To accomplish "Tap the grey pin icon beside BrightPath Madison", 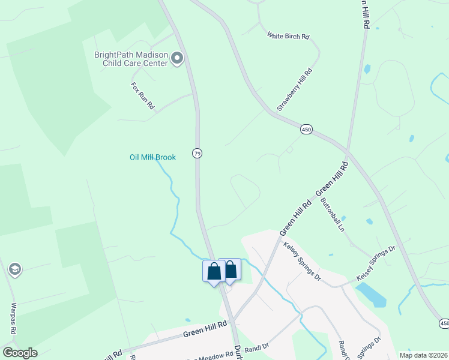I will (176, 58).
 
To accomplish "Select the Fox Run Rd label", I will (143, 95).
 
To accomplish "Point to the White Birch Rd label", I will (288, 37).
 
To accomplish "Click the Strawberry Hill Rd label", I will (295, 89).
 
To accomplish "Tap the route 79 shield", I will (197, 154).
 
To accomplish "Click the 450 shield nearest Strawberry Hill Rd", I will (307, 130).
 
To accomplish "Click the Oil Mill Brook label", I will (152, 157).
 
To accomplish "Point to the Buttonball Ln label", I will (333, 214).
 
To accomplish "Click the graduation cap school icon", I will (15, 269).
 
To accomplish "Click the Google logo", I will (19, 353).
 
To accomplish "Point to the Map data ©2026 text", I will (423, 355).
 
